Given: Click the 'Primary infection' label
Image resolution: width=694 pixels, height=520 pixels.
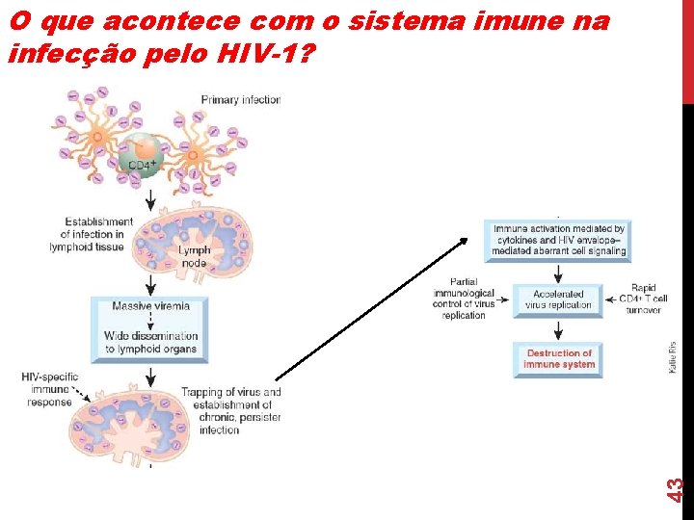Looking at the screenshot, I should click(x=240, y=99).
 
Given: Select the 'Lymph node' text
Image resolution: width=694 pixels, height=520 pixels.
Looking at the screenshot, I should click(x=194, y=256).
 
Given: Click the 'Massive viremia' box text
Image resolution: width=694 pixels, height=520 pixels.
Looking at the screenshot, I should click(x=150, y=306).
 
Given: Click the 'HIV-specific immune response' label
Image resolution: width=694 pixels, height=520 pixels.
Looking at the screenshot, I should click(x=50, y=388).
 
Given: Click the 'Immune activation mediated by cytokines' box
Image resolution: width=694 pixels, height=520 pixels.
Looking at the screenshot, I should click(x=559, y=240).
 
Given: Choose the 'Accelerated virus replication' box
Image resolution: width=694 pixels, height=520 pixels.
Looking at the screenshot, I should click(x=558, y=300).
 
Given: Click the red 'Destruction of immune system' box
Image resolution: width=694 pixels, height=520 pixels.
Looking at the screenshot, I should click(x=559, y=359).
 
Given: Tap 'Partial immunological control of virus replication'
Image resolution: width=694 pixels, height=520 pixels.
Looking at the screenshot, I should click(x=464, y=298).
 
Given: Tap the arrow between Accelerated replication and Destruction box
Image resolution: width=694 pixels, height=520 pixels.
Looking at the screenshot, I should click(x=559, y=328).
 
